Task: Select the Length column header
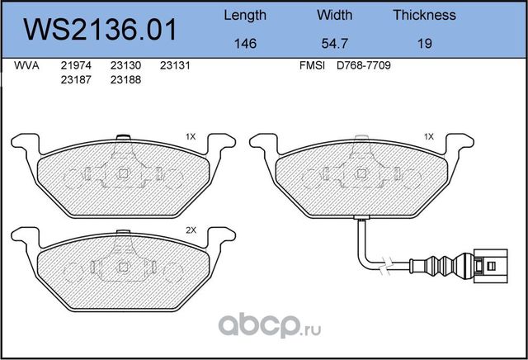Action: pyautogui.click(x=245, y=15)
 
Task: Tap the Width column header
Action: pyautogui.click(x=334, y=15)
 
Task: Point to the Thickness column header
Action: pyautogui.click(x=424, y=15)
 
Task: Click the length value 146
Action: pyautogui.click(x=245, y=43)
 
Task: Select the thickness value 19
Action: pyautogui.click(x=424, y=43)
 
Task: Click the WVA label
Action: pyautogui.click(x=26, y=66)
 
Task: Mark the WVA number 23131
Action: pyautogui.click(x=175, y=66)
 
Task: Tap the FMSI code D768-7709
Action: pyautogui.click(x=364, y=66)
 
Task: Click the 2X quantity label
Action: pyautogui.click(x=191, y=231)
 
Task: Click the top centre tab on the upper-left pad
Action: pyautogui.click(x=123, y=139)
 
